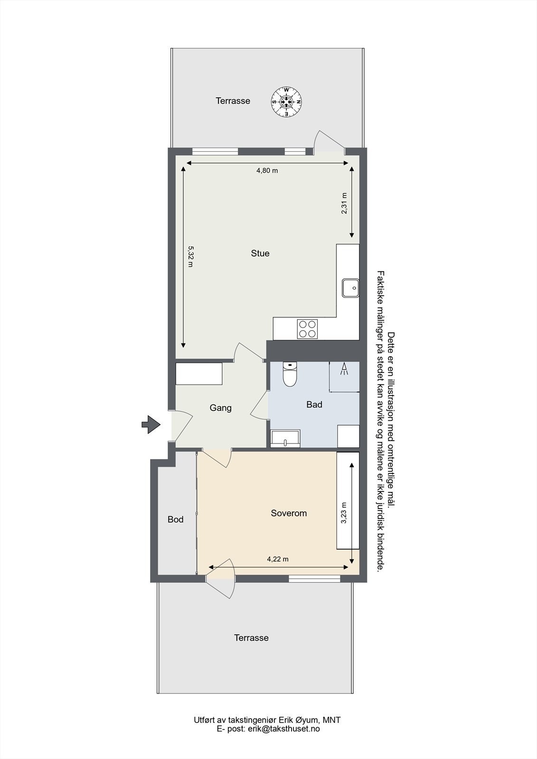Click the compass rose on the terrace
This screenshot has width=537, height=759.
click(x=287, y=102)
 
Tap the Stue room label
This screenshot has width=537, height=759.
click(x=260, y=253)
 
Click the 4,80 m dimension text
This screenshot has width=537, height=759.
click(x=267, y=171)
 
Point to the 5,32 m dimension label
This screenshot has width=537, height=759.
click(x=190, y=256)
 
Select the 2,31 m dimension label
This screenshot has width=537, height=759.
click(x=344, y=203)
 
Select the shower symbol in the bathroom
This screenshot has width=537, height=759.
click(x=343, y=370)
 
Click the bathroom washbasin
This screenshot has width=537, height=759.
click(x=285, y=438)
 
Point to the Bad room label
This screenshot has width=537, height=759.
click(x=314, y=405)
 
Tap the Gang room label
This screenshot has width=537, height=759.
click(x=221, y=408)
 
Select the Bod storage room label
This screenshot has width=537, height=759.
click(x=176, y=520)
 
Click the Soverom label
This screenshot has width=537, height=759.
click(x=289, y=513)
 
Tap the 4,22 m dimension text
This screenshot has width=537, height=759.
click(x=278, y=559)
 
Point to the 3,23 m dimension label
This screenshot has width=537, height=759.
click(x=344, y=513)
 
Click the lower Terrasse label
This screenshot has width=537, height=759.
click(x=251, y=638)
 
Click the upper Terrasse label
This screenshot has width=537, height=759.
click(x=233, y=101)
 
